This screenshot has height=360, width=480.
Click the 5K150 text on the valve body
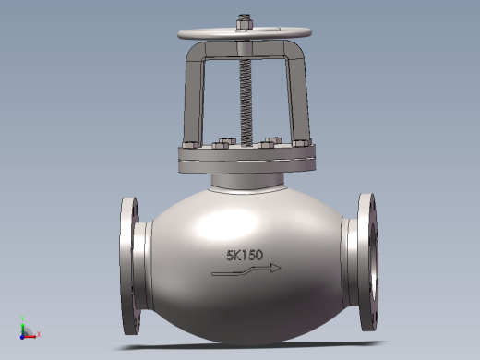tap(245, 255)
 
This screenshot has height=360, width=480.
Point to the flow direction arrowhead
tap(276, 268)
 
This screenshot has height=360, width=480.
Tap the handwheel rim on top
tap(245, 33)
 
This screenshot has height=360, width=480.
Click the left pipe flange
tap(128, 266)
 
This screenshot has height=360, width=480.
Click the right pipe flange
tap(367, 261)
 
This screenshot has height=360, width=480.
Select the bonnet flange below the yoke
tap(246, 160)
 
